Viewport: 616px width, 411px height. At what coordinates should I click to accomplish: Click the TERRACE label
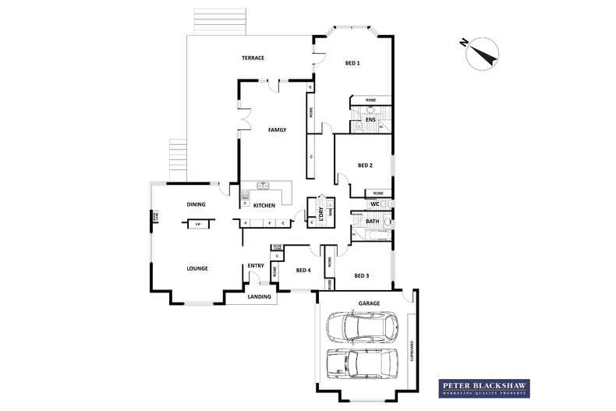click(253, 58)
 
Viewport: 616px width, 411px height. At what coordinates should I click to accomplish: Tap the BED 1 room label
click(352, 62)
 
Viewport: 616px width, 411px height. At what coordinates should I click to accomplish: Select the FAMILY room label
click(277, 130)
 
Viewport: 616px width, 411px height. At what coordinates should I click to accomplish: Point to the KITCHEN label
click(264, 205)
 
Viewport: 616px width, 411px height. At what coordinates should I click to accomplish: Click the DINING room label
click(196, 204)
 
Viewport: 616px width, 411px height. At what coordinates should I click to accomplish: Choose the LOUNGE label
click(196, 268)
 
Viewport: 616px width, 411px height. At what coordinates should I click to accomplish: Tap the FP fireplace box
click(198, 225)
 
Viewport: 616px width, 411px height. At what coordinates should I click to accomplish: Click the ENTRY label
click(256, 266)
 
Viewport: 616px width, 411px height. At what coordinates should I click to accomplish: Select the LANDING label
click(259, 297)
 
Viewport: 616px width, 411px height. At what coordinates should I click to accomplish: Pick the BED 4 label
click(303, 271)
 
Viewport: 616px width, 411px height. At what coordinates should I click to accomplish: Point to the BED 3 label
click(362, 275)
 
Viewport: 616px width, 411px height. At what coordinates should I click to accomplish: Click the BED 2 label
click(365, 165)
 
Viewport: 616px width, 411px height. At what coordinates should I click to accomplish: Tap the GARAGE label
click(369, 302)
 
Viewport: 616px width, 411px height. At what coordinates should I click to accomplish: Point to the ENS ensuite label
click(381, 119)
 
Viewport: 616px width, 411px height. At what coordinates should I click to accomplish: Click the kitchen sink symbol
click(264, 186)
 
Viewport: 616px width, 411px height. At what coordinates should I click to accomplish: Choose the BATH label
click(373, 221)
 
